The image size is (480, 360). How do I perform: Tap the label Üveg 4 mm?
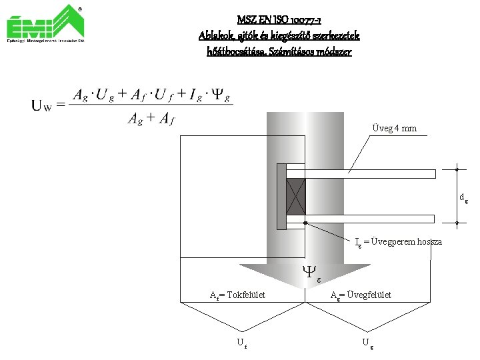(x=394, y=128)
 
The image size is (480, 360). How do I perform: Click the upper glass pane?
(x=370, y=174)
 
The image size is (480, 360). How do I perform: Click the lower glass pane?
(x=370, y=218)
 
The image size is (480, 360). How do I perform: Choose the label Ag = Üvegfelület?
(x=361, y=295)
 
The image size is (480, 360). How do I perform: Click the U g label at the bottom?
(x=366, y=343)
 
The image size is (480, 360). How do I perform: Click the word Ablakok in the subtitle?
(x=214, y=35)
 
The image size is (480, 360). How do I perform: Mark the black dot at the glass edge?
(x=305, y=223)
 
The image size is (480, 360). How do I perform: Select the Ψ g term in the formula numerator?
(x=221, y=97)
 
